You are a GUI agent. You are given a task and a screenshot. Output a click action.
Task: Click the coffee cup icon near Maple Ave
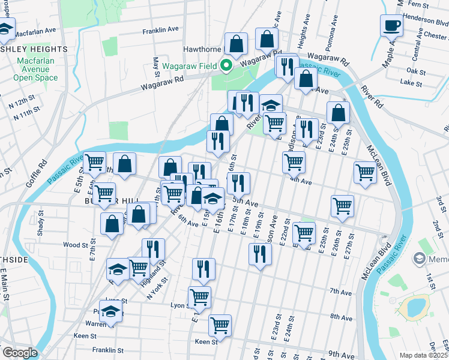tap(391, 26)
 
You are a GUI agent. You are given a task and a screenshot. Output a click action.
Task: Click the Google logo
tap(19, 353)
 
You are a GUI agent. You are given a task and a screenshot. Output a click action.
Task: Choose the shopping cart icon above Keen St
tap(220, 326)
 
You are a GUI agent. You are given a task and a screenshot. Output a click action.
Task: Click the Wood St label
tap(76, 245)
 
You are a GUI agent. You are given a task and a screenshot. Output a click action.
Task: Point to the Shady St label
tap(41, 223)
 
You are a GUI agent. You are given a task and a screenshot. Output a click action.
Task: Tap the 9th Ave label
tap(342, 355)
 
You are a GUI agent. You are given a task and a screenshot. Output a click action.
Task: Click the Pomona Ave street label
tap(328, 40)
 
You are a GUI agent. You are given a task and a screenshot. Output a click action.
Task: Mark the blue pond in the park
tap(415, 307)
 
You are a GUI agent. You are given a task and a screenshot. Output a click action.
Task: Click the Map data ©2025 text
tap(424, 355)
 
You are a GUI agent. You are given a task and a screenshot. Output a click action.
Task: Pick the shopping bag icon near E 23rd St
tap(339, 112)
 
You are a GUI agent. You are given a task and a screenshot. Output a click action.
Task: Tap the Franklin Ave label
tap(160, 29)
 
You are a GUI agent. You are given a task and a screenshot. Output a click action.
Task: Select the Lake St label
tap(411, 82)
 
